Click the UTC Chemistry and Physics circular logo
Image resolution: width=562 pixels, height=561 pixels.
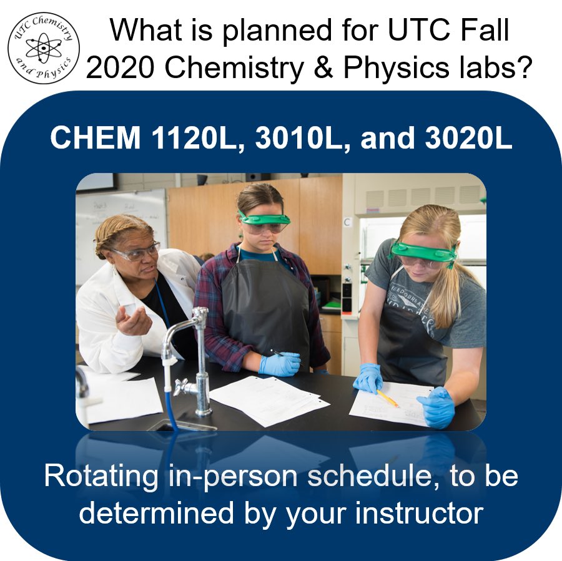(43, 47)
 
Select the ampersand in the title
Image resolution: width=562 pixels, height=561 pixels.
(322, 68)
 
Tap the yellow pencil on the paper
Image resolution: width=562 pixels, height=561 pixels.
(388, 398)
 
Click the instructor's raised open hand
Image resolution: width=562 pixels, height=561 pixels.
(133, 321)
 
